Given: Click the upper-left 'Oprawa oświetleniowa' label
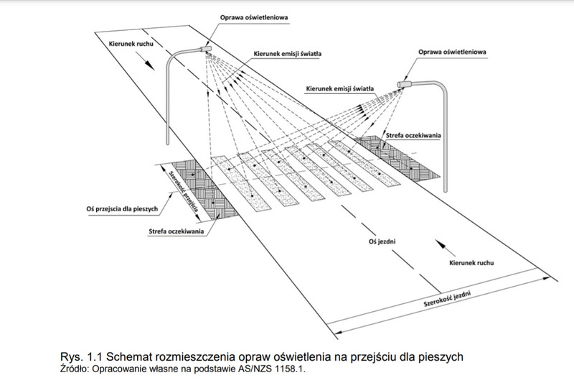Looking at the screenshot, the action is [x=254, y=17].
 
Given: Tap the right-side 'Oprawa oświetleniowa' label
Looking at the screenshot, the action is [x=453, y=52].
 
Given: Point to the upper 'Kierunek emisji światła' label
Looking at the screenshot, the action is [x=288, y=54].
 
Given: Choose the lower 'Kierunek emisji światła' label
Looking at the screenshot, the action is [x=339, y=88].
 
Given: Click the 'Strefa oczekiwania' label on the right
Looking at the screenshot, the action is [x=413, y=136].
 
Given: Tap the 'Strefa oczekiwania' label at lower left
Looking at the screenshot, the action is [x=176, y=231].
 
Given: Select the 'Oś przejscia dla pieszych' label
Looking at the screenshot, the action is [x=122, y=209].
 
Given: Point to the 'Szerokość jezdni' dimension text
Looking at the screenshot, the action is [x=446, y=299].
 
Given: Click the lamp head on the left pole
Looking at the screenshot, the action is [x=206, y=49].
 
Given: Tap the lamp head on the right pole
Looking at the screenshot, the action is [x=404, y=85].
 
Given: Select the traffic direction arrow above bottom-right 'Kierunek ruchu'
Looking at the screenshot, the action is [x=445, y=248].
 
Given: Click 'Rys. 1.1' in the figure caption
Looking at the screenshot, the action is [x=82, y=356].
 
